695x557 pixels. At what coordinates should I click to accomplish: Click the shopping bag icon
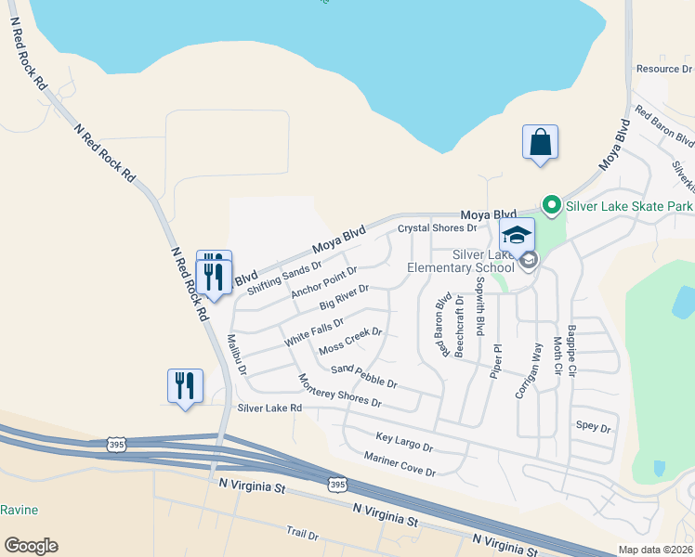(540, 143)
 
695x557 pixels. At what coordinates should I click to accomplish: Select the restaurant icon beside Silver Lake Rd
(184, 385)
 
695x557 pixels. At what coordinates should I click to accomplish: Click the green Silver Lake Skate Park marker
(551, 204)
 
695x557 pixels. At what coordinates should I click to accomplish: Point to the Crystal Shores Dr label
(437, 228)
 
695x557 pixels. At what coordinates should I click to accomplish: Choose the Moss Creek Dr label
(350, 342)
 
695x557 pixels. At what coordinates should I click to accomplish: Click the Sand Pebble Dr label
(364, 377)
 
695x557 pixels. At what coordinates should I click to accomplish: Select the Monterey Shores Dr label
(340, 391)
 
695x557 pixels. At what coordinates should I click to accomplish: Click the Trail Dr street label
(303, 535)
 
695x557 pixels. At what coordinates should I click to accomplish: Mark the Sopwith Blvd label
(480, 312)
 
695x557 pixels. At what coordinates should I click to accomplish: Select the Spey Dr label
(593, 428)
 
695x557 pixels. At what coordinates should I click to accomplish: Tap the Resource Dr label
(663, 69)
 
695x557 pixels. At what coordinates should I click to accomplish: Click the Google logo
(31, 546)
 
